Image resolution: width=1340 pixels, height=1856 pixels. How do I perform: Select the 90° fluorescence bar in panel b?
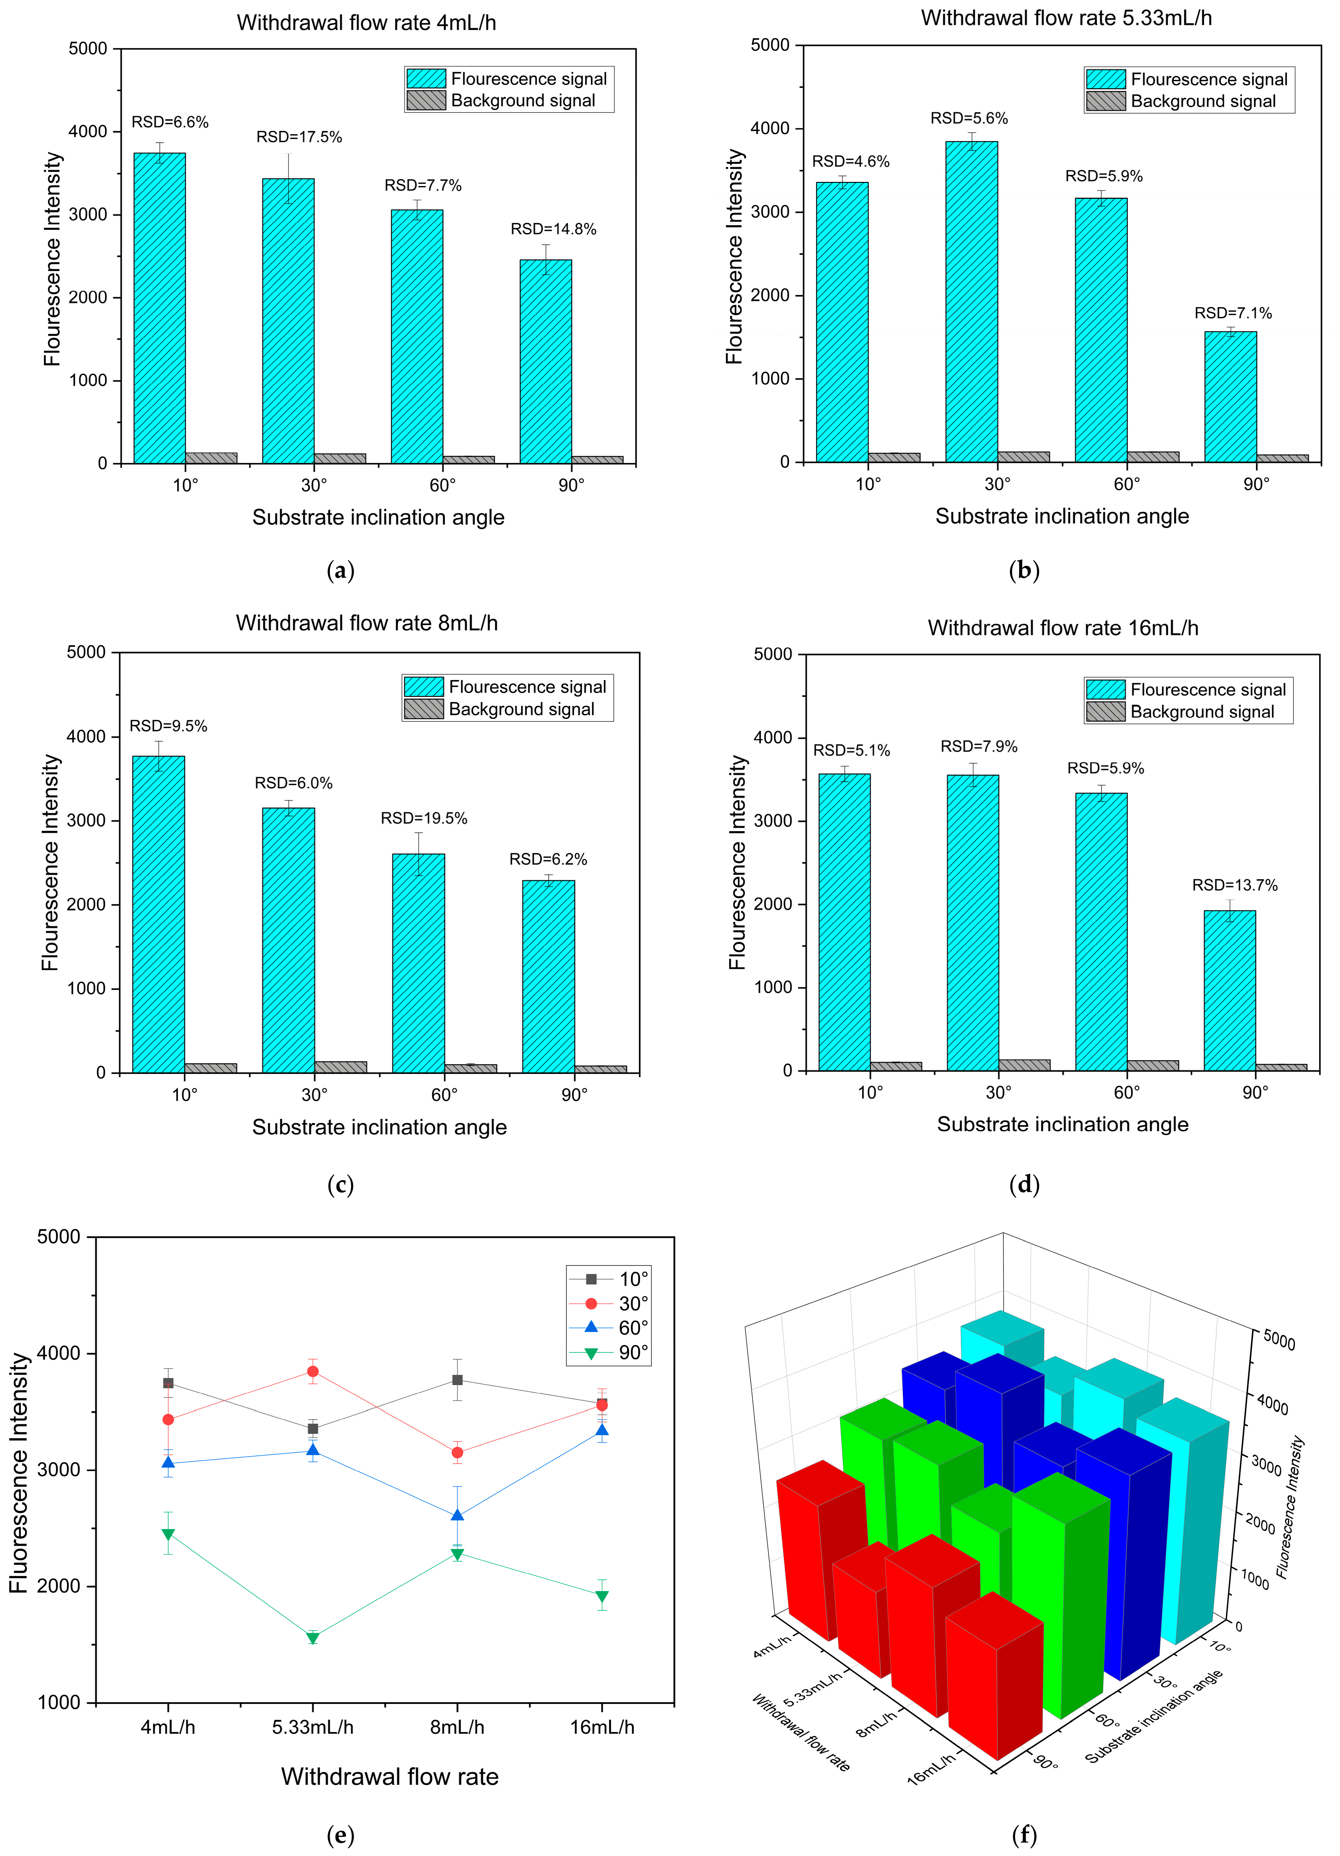coord(1230,397)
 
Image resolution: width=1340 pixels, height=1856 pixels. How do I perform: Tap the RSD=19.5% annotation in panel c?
coord(424,818)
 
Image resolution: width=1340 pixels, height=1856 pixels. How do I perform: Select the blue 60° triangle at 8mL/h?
coord(457,1514)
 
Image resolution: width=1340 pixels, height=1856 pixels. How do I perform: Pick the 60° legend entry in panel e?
coord(609,1327)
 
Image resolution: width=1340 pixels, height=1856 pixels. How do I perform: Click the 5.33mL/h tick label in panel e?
coord(312,1727)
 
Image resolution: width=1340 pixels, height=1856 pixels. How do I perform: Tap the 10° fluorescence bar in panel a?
coord(159,308)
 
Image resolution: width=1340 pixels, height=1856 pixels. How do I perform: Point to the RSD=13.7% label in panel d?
coord(1235,886)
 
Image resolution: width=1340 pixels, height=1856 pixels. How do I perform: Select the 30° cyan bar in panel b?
coord(972,302)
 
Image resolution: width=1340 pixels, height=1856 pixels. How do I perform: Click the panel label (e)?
coord(340,1836)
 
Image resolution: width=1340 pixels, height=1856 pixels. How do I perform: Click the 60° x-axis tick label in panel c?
coord(444,1095)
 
